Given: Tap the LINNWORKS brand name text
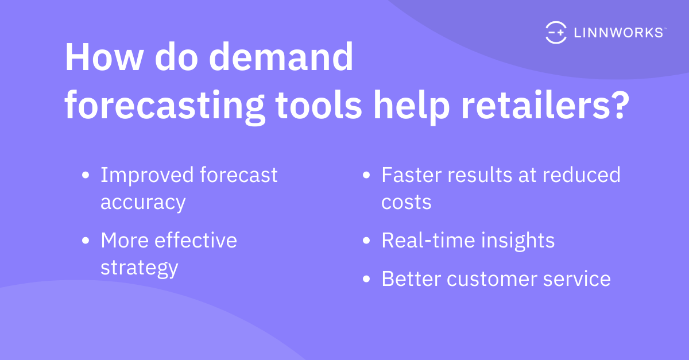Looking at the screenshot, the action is (619, 33).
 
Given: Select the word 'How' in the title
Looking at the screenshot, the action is (104, 57).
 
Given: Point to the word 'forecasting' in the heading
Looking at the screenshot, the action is (165, 106).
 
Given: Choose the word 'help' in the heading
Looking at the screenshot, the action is (412, 106).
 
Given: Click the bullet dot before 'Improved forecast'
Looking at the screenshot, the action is (86, 175).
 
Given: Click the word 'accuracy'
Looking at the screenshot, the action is (143, 203).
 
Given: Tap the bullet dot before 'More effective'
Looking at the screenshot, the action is (86, 241).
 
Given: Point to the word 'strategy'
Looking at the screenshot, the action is (140, 268).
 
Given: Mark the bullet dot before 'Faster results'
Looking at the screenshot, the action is (366, 175).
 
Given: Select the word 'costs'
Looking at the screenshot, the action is (407, 203).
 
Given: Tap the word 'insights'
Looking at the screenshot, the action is (518, 241).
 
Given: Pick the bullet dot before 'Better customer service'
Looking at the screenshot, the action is (366, 279).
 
